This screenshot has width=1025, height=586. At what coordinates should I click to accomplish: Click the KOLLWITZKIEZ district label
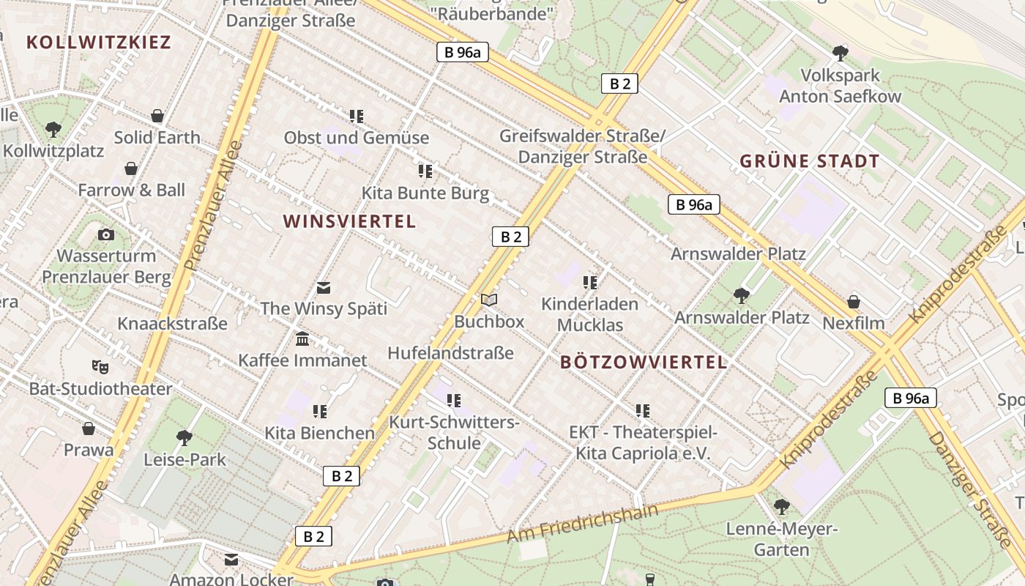click(x=99, y=42)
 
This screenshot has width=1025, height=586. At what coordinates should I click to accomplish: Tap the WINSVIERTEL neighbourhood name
click(x=349, y=221)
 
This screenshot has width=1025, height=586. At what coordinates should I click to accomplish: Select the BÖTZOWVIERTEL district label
click(x=644, y=362)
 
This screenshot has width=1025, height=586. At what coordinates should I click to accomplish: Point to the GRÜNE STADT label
click(x=809, y=161)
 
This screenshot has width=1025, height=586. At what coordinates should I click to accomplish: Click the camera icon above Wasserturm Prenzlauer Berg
click(x=106, y=234)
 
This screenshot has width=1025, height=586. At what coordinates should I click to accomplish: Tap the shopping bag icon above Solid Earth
click(x=157, y=116)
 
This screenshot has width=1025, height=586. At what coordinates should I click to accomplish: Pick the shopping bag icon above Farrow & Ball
click(x=131, y=169)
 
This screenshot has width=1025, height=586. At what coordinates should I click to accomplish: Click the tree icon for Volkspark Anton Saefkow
click(x=840, y=53)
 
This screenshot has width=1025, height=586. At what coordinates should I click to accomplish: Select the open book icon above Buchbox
click(x=489, y=300)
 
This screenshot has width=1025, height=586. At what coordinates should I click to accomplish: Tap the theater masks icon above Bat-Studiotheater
click(x=100, y=366)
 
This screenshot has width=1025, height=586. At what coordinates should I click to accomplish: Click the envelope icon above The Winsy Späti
click(x=324, y=287)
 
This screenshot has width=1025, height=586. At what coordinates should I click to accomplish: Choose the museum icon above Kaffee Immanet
click(x=302, y=339)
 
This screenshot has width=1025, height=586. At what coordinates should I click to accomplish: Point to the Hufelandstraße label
click(x=450, y=353)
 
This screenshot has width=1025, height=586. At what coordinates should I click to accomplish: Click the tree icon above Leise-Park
click(x=184, y=438)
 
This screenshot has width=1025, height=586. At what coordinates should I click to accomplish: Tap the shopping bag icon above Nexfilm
click(x=853, y=302)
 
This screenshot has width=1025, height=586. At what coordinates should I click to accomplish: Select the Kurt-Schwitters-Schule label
click(x=454, y=433)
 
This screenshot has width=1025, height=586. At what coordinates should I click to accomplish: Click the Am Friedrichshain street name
click(x=582, y=524)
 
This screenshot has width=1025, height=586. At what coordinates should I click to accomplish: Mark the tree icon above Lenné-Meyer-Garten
click(x=781, y=506)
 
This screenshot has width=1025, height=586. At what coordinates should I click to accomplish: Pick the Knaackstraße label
click(x=172, y=323)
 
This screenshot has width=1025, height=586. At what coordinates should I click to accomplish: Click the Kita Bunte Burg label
click(x=425, y=193)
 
